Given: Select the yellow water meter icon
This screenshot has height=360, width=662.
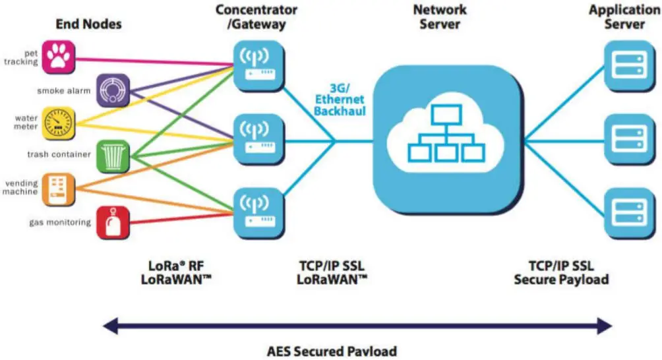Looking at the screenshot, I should [59, 123].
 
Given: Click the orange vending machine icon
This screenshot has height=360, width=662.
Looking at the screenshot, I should [59, 188].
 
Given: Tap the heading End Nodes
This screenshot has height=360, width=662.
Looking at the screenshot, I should [89, 24].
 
